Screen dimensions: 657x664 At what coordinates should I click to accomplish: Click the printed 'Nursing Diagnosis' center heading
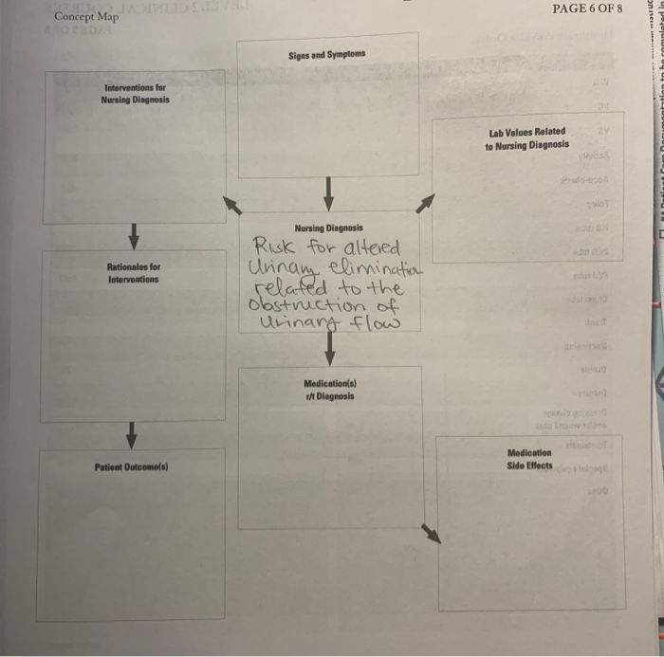click(328, 228)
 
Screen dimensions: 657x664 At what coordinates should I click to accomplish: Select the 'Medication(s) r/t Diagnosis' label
click(329, 388)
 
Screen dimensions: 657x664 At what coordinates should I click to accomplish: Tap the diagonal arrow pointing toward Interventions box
click(231, 205)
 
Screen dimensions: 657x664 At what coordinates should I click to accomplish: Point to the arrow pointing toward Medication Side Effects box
click(431, 534)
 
